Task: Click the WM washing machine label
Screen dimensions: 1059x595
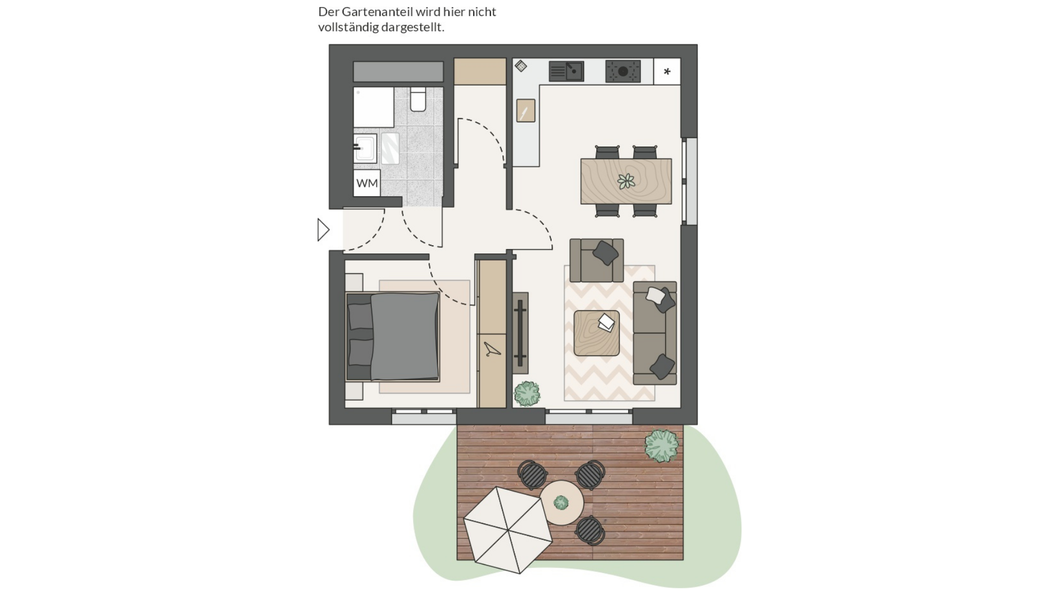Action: click(x=367, y=183)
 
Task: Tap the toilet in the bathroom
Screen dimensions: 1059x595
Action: click(x=418, y=99)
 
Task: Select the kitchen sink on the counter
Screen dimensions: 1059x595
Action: click(x=566, y=71)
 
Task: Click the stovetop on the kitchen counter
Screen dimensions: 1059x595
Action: click(x=623, y=71)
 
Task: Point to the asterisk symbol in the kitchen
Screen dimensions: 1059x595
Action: click(x=667, y=72)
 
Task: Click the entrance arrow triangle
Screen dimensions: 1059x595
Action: click(x=323, y=230)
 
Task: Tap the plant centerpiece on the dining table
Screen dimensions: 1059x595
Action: click(x=626, y=181)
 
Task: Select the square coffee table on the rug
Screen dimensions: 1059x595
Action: click(x=596, y=333)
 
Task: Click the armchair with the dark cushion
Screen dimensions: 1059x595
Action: click(x=597, y=260)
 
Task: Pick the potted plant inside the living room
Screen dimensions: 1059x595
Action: click(x=527, y=393)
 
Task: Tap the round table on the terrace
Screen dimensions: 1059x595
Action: click(x=561, y=502)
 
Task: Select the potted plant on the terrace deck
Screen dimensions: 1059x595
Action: click(x=662, y=446)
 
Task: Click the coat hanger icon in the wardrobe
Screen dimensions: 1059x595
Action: click(x=492, y=349)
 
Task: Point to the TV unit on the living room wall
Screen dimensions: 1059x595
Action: click(x=520, y=333)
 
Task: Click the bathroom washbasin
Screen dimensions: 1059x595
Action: click(x=365, y=148)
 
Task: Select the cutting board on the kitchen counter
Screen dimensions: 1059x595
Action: click(x=526, y=110)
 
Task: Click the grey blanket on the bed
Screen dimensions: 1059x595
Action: click(x=405, y=337)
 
